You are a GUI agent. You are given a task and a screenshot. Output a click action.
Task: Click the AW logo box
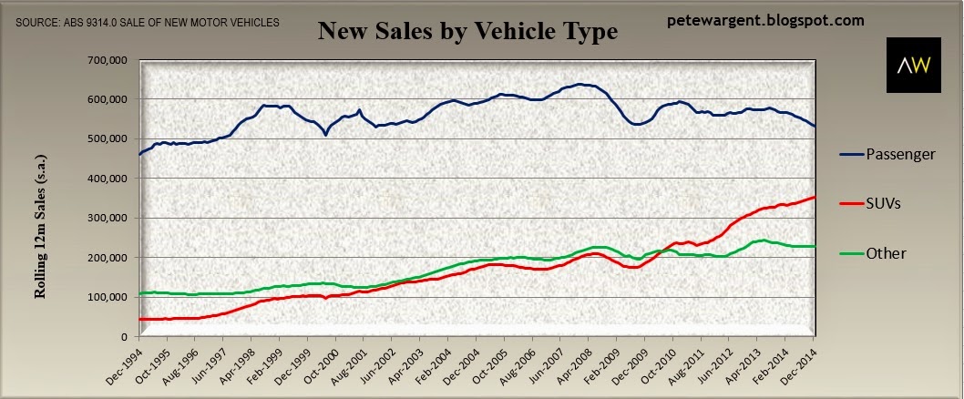(914, 66)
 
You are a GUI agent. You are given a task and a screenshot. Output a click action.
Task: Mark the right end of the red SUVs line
(815, 197)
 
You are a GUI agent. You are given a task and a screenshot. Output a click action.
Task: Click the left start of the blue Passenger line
(140, 154)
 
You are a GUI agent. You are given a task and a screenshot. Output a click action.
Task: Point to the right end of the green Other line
(815, 246)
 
